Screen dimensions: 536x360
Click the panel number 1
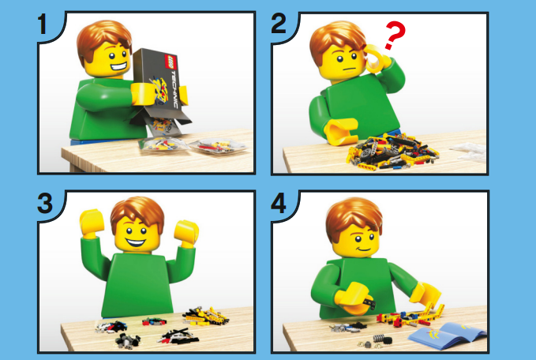[x=43, y=24]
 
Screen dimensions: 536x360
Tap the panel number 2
[x=279, y=23]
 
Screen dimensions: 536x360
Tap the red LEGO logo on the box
[x=171, y=62]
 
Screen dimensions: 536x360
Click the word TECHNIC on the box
[x=174, y=90]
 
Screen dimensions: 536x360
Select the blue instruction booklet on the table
[x=447, y=336]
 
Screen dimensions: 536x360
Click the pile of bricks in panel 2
[x=392, y=152]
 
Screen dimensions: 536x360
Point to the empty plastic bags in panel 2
[x=469, y=152]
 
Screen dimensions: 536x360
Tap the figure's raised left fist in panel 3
[x=92, y=223]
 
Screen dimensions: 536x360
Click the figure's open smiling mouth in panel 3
[x=135, y=242]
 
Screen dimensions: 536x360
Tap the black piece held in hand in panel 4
[x=370, y=302]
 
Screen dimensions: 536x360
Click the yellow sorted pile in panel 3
[x=206, y=316]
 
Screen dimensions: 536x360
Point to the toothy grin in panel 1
[x=118, y=66]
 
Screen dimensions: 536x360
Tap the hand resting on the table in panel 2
[x=341, y=131]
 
